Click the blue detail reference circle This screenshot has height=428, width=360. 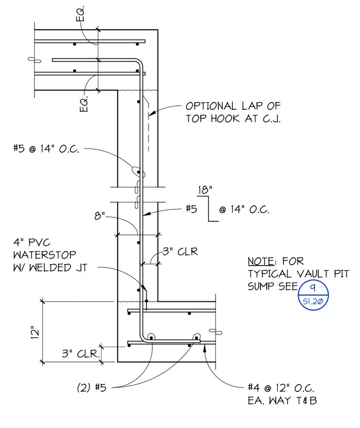point(313,295)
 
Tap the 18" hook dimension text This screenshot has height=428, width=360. point(205,190)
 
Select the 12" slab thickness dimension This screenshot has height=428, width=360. point(35,332)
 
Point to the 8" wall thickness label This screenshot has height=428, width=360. point(100,216)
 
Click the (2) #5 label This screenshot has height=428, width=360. point(92,387)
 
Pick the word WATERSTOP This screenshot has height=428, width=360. point(45,255)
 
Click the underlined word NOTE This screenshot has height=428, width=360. point(261,261)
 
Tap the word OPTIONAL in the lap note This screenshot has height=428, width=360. point(211,106)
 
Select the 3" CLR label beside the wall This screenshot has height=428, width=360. point(180,251)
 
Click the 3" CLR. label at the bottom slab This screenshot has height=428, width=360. point(80,354)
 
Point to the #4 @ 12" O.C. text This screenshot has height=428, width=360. point(281,387)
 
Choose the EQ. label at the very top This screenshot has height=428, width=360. point(80,14)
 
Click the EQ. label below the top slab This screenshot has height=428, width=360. point(84,104)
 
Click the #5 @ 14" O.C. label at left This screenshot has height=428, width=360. point(46,149)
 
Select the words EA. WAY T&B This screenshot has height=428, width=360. point(282,400)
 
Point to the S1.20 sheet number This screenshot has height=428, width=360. point(313,301)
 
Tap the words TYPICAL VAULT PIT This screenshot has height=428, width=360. point(298,274)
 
